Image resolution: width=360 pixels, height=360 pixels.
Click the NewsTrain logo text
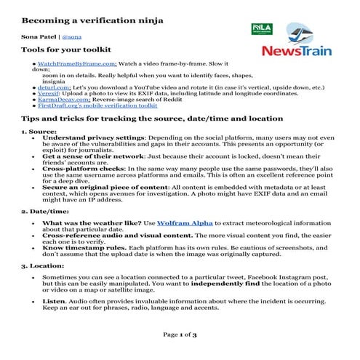click(x=296, y=52)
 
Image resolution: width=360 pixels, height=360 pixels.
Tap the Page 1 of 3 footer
click(x=180, y=335)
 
